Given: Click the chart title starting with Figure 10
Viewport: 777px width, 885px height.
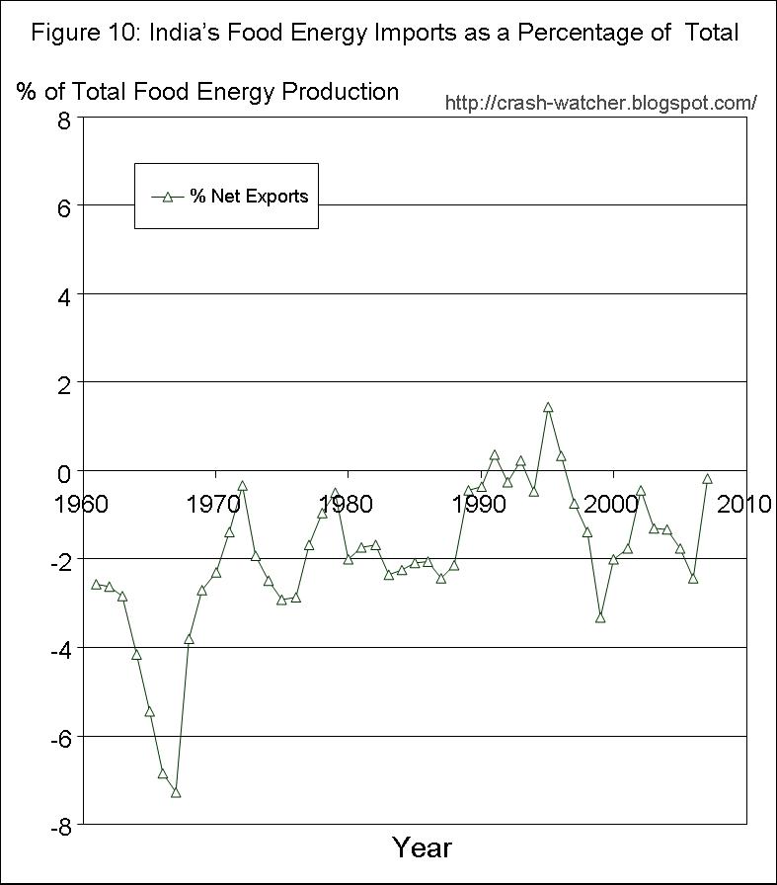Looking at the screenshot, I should (384, 33).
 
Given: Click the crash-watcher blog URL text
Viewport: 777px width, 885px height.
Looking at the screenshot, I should (601, 103).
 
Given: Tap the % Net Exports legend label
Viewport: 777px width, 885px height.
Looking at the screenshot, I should (249, 197).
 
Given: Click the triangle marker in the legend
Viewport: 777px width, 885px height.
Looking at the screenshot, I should (168, 197).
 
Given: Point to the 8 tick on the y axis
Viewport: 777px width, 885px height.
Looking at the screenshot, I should (64, 121).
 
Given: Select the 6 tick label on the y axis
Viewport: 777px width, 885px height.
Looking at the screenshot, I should (64, 206).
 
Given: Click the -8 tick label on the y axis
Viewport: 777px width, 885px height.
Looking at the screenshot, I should (59, 827).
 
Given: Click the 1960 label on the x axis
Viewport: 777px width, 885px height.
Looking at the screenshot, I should (82, 505).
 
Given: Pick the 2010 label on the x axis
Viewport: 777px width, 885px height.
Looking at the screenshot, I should (743, 505).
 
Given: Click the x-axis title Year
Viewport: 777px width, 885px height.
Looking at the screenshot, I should (422, 847).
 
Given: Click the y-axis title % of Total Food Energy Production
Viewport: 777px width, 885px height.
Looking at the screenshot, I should (207, 92).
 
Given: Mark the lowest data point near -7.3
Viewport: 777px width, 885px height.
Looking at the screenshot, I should (176, 792).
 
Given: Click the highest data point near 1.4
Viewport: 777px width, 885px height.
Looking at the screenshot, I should (548, 407).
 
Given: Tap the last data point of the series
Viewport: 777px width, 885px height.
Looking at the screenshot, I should (707, 479).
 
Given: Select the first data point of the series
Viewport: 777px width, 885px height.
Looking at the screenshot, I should (96, 584).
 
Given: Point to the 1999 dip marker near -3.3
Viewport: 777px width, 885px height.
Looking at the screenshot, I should (600, 618).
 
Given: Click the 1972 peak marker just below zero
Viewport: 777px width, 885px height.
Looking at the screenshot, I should (242, 486).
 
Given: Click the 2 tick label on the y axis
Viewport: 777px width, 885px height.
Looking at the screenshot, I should (64, 383).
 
